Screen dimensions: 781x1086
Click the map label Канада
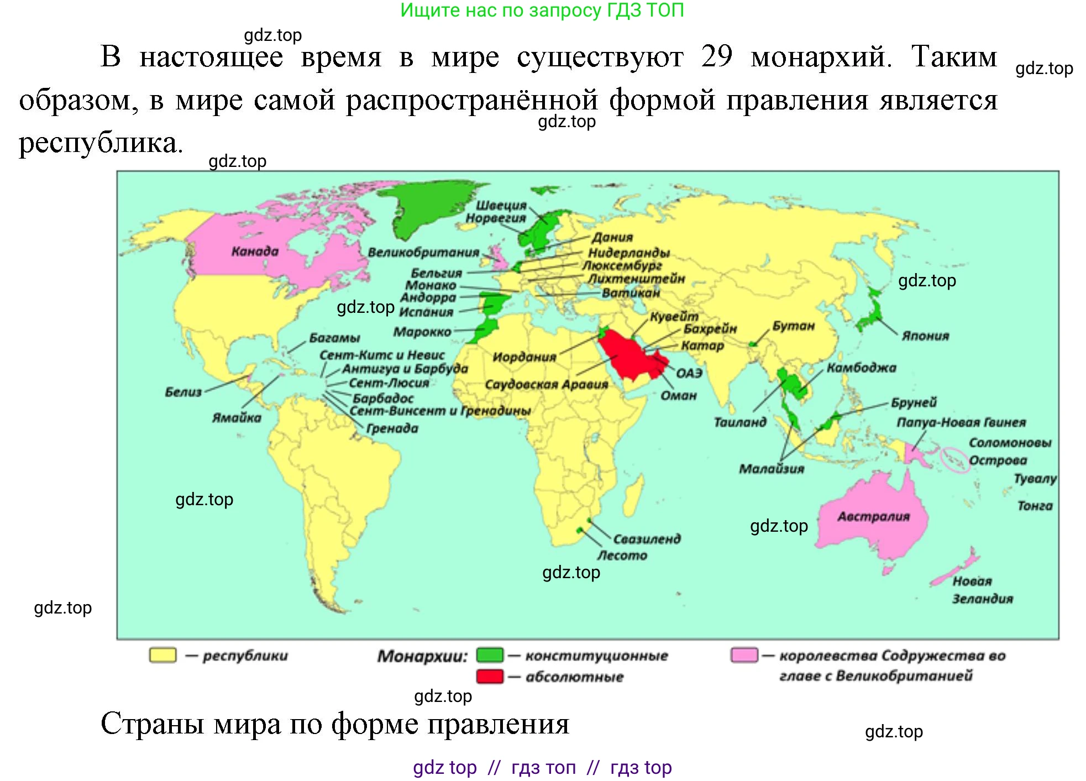(255, 251)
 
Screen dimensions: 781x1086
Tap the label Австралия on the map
(873, 517)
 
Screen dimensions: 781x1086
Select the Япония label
(925, 336)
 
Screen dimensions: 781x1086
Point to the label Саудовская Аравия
(546, 384)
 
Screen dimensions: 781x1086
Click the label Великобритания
(423, 253)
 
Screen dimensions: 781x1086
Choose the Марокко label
(422, 332)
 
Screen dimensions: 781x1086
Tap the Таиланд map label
(740, 422)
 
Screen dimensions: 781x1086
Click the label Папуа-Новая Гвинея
(961, 422)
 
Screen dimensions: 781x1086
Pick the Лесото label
(622, 555)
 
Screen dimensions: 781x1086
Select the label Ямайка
(237, 417)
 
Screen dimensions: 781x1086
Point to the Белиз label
(183, 392)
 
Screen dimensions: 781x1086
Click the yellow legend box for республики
(162, 655)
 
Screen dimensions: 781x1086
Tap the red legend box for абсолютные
(490, 676)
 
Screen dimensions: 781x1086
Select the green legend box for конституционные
(490, 655)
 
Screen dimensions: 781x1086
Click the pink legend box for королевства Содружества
(744, 655)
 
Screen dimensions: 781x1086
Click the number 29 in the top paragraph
(717, 56)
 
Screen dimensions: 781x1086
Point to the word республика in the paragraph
(100, 143)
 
